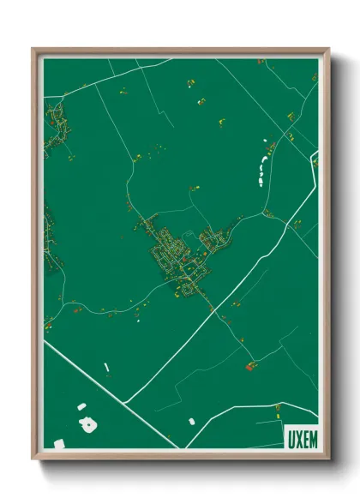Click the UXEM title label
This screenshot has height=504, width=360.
pos(300,438)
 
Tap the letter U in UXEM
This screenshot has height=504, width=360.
pos(289,438)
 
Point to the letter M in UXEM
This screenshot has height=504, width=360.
pos(312,438)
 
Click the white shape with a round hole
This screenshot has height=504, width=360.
pos(87,424)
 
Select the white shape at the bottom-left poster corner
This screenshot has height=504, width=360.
pos(59,442)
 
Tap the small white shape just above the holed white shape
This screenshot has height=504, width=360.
pos(81,405)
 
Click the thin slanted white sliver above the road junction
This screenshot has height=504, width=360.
pos(106,368)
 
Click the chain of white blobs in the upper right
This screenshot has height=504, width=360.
pos(259,165)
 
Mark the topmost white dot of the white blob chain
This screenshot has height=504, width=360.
pos(266,140)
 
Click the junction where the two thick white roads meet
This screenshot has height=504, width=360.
pos(126,401)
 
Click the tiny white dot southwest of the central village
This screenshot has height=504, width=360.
pos(138,322)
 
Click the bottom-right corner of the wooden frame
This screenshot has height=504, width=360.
pos(327,458)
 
